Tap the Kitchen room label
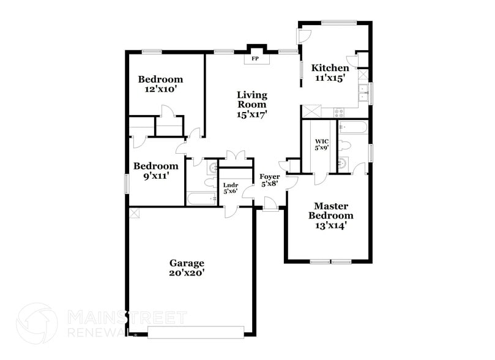pyautogui.click(x=330, y=73)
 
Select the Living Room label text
pyautogui.click(x=252, y=104)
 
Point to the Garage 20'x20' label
pyautogui.click(x=187, y=268)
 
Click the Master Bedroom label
pyautogui.click(x=330, y=216)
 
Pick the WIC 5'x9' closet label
pyautogui.click(x=322, y=143)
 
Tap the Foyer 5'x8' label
pyautogui.click(x=270, y=180)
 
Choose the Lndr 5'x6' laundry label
pyautogui.click(x=230, y=187)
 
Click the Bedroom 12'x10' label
pyautogui.click(x=160, y=84)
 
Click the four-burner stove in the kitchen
pyautogui.click(x=339, y=113)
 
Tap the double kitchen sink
pyautogui.click(x=362, y=92)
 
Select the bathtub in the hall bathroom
pyautogui.click(x=201, y=198)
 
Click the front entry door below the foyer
pyautogui.click(x=269, y=209)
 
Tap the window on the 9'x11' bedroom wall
pyautogui.click(x=127, y=183)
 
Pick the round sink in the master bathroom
pyautogui.click(x=342, y=163)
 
